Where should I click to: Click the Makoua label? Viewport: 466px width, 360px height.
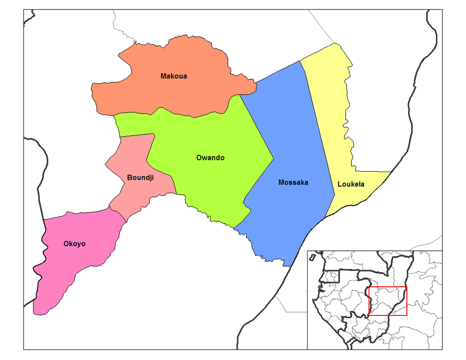click(x=173, y=76)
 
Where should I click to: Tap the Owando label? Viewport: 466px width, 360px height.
click(x=210, y=158)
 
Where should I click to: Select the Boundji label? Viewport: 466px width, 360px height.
click(x=140, y=177)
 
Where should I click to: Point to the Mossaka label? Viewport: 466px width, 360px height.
click(x=293, y=183)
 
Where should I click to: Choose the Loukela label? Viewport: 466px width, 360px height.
click(x=351, y=184)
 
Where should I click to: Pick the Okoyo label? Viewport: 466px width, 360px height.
click(x=74, y=244)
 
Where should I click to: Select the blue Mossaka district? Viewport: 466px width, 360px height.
click(x=291, y=137)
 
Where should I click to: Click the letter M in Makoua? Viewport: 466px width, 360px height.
click(x=163, y=76)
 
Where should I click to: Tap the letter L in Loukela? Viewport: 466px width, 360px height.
click(x=339, y=184)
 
